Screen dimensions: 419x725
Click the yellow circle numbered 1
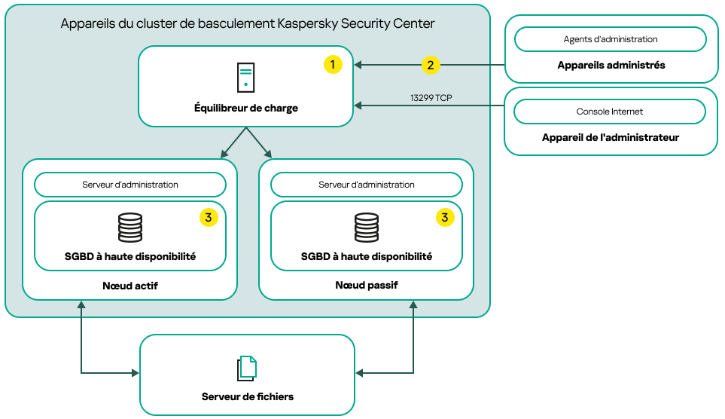tap(333, 65)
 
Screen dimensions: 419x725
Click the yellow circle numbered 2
tap(430, 65)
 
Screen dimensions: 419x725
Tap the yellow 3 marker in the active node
tap(209, 218)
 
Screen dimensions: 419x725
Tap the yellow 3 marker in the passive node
tap(445, 218)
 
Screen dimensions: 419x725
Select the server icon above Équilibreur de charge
tap(245, 78)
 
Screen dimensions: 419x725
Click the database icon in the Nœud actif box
tap(130, 228)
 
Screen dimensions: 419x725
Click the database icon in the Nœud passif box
tap(367, 228)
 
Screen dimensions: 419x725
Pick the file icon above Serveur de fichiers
tap(247, 368)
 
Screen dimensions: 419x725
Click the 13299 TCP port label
tap(431, 98)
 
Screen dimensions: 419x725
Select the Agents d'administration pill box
tap(610, 39)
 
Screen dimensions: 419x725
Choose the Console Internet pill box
tap(610, 112)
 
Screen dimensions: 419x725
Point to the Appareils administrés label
tap(611, 66)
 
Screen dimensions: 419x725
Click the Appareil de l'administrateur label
tap(611, 138)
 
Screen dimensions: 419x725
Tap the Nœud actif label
tap(130, 286)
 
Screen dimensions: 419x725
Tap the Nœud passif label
tap(367, 286)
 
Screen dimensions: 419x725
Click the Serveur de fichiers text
tap(248, 396)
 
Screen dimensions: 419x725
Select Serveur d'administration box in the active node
tap(130, 185)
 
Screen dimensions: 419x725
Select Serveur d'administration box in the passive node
tap(367, 185)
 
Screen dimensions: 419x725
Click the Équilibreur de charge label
tap(246, 109)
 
